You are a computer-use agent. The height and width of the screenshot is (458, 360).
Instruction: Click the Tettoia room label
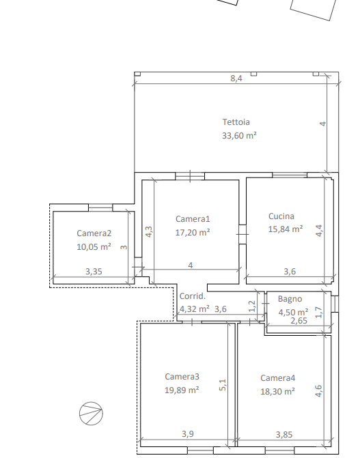click(236, 122)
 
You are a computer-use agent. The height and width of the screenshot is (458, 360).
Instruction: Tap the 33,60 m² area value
click(239, 136)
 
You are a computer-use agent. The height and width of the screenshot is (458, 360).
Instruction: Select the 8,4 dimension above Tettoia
click(236, 78)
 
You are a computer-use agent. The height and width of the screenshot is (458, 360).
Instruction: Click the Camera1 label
click(193, 219)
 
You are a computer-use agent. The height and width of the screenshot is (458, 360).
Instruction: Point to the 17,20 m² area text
click(193, 233)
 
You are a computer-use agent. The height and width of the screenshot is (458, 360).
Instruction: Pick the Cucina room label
click(281, 216)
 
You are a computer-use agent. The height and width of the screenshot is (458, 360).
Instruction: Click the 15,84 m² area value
click(286, 229)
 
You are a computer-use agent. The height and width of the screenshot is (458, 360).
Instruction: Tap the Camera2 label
click(94, 233)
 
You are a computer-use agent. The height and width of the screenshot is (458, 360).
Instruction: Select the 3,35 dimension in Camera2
click(94, 272)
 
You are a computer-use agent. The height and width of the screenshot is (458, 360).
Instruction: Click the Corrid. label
click(193, 296)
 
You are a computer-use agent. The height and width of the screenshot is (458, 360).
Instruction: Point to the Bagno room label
click(290, 299)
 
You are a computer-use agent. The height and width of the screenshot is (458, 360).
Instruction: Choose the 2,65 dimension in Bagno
click(299, 321)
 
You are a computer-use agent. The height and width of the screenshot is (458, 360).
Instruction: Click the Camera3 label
click(182, 377)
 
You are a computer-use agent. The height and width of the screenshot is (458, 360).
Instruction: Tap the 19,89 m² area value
click(182, 390)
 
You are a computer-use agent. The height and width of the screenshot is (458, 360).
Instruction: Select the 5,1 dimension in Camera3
click(223, 385)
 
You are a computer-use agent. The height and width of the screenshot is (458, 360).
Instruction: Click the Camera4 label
click(278, 378)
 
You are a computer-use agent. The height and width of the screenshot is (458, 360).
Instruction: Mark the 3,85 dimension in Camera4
click(284, 435)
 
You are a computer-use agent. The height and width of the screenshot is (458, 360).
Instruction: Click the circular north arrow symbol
click(92, 414)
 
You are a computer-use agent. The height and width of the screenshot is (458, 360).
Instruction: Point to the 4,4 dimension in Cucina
click(319, 231)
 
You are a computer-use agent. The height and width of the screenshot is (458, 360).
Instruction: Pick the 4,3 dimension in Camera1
click(149, 231)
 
